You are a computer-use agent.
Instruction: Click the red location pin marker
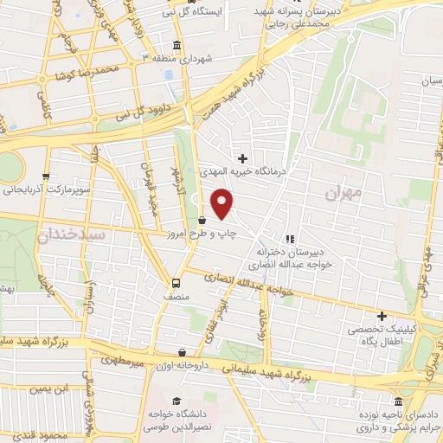click(x=223, y=205)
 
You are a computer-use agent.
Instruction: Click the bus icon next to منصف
click(x=177, y=282)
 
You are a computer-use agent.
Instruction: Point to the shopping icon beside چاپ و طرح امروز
click(x=202, y=220)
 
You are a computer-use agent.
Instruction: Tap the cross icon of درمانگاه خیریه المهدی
click(x=243, y=158)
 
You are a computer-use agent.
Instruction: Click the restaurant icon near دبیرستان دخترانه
click(x=289, y=239)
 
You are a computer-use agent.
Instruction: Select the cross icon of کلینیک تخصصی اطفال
click(x=381, y=316)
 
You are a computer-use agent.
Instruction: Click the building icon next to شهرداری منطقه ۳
click(x=177, y=45)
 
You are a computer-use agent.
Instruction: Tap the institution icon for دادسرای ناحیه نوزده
click(x=397, y=401)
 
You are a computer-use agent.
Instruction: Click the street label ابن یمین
click(x=48, y=388)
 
